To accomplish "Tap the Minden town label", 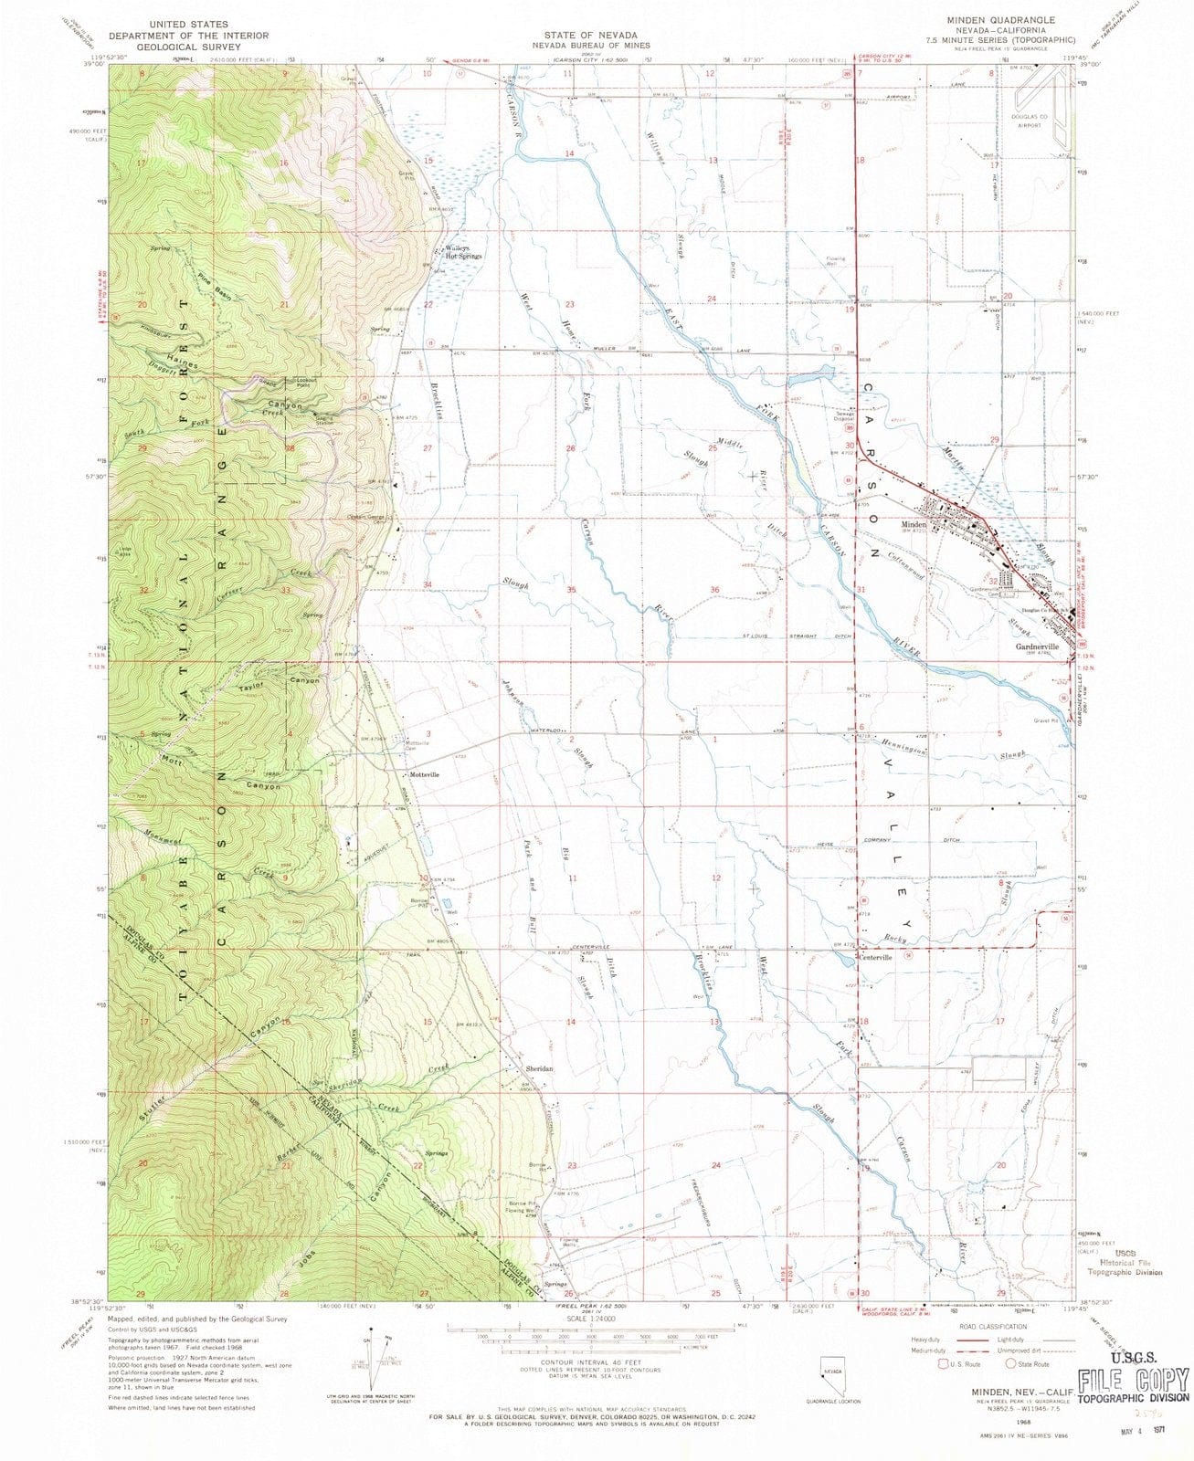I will pyautogui.click(x=914, y=525).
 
